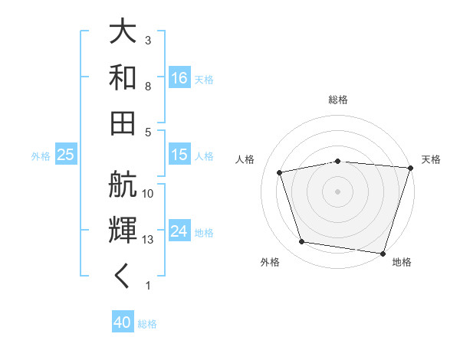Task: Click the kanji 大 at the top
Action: (x=123, y=32)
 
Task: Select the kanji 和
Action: (x=123, y=77)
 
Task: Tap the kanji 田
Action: (x=123, y=122)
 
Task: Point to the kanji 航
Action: (x=123, y=185)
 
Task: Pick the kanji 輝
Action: (x=123, y=231)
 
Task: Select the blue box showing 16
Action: (x=179, y=77)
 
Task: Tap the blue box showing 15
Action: (x=179, y=155)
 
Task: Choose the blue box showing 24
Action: (x=179, y=231)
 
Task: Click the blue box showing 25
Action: (x=66, y=155)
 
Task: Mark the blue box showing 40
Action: (x=123, y=322)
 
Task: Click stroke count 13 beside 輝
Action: (x=148, y=240)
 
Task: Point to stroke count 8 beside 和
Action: (x=148, y=86)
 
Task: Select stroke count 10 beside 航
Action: (x=148, y=194)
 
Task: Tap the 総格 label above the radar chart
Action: (x=338, y=100)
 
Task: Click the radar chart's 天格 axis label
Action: (x=431, y=159)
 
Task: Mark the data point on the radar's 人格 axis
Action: (x=280, y=172)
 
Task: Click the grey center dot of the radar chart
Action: (x=338, y=191)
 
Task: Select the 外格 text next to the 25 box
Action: (x=41, y=155)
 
